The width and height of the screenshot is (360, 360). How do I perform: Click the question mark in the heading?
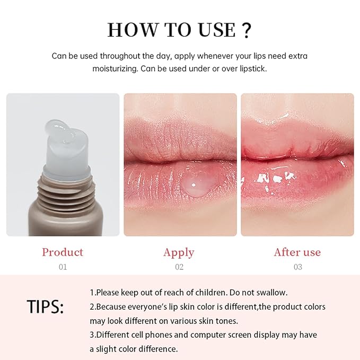245,30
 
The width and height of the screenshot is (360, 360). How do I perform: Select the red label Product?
63,252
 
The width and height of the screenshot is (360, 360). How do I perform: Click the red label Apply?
179,252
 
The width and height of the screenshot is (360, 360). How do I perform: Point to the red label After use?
297,252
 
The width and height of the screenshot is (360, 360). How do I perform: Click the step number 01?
63,267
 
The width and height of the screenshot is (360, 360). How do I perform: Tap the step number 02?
179,267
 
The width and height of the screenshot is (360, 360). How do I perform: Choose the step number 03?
297,267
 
